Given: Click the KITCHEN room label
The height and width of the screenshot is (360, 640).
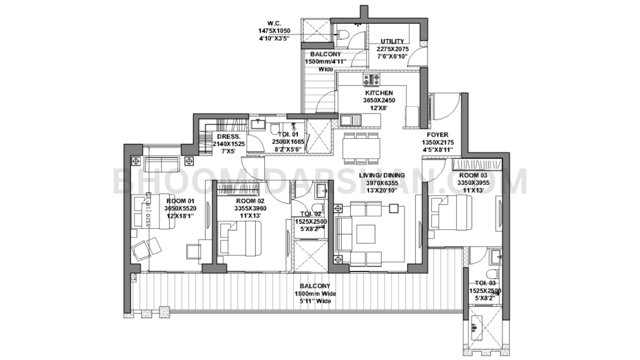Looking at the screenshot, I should coord(378,93).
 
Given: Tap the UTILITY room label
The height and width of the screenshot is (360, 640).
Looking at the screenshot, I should coord(392,41).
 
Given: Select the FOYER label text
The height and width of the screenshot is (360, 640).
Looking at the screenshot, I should coord(437,135).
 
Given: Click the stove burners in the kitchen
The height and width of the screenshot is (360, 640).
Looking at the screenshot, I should coord(372,80).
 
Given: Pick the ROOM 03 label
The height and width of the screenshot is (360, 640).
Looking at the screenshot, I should coord(473,175).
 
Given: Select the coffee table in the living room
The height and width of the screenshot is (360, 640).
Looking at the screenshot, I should coord(366,234).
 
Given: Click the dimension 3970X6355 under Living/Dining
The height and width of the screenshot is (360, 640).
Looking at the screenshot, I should coord(382,183).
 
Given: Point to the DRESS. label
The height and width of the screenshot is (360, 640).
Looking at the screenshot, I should coord(229,136).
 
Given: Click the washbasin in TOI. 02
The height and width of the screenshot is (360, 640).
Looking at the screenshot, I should coord(321,191).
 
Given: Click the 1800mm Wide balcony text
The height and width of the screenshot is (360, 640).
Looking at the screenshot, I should coord(315,294).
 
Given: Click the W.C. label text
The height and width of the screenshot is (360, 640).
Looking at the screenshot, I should coord(274,24).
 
